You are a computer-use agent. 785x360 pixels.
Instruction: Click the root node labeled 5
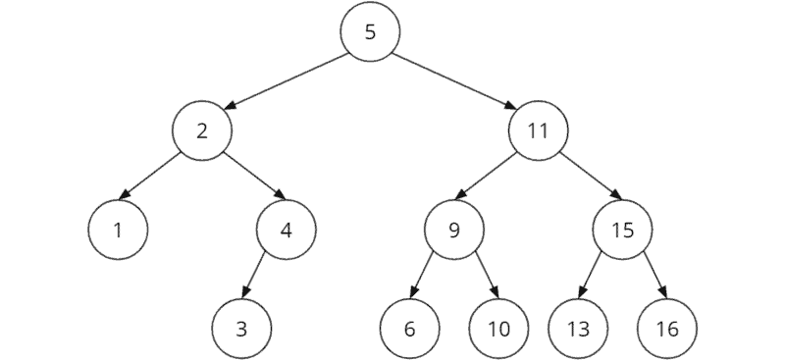coord(370,31)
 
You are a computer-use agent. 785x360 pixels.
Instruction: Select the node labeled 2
coord(201,131)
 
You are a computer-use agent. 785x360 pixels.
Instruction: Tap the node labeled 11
coord(538,131)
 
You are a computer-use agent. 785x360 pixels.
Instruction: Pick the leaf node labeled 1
coord(117,231)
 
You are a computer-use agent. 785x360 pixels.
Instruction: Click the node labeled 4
coord(286,231)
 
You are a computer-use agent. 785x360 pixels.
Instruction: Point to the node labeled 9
coord(453,231)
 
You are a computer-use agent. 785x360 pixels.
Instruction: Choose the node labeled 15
coord(622,231)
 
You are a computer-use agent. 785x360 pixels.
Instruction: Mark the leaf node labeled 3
coord(241,328)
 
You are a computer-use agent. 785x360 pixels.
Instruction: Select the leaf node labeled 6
coord(409,328)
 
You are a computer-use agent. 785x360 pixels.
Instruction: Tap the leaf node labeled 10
coord(498,328)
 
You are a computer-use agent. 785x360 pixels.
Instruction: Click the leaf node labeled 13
coord(577,328)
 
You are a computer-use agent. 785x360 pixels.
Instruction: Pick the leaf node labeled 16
coord(666,328)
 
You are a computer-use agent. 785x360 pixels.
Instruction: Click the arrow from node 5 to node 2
coord(286,81)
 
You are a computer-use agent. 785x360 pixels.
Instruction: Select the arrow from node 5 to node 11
coord(453,81)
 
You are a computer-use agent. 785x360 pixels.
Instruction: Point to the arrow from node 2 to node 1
coord(159,180)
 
